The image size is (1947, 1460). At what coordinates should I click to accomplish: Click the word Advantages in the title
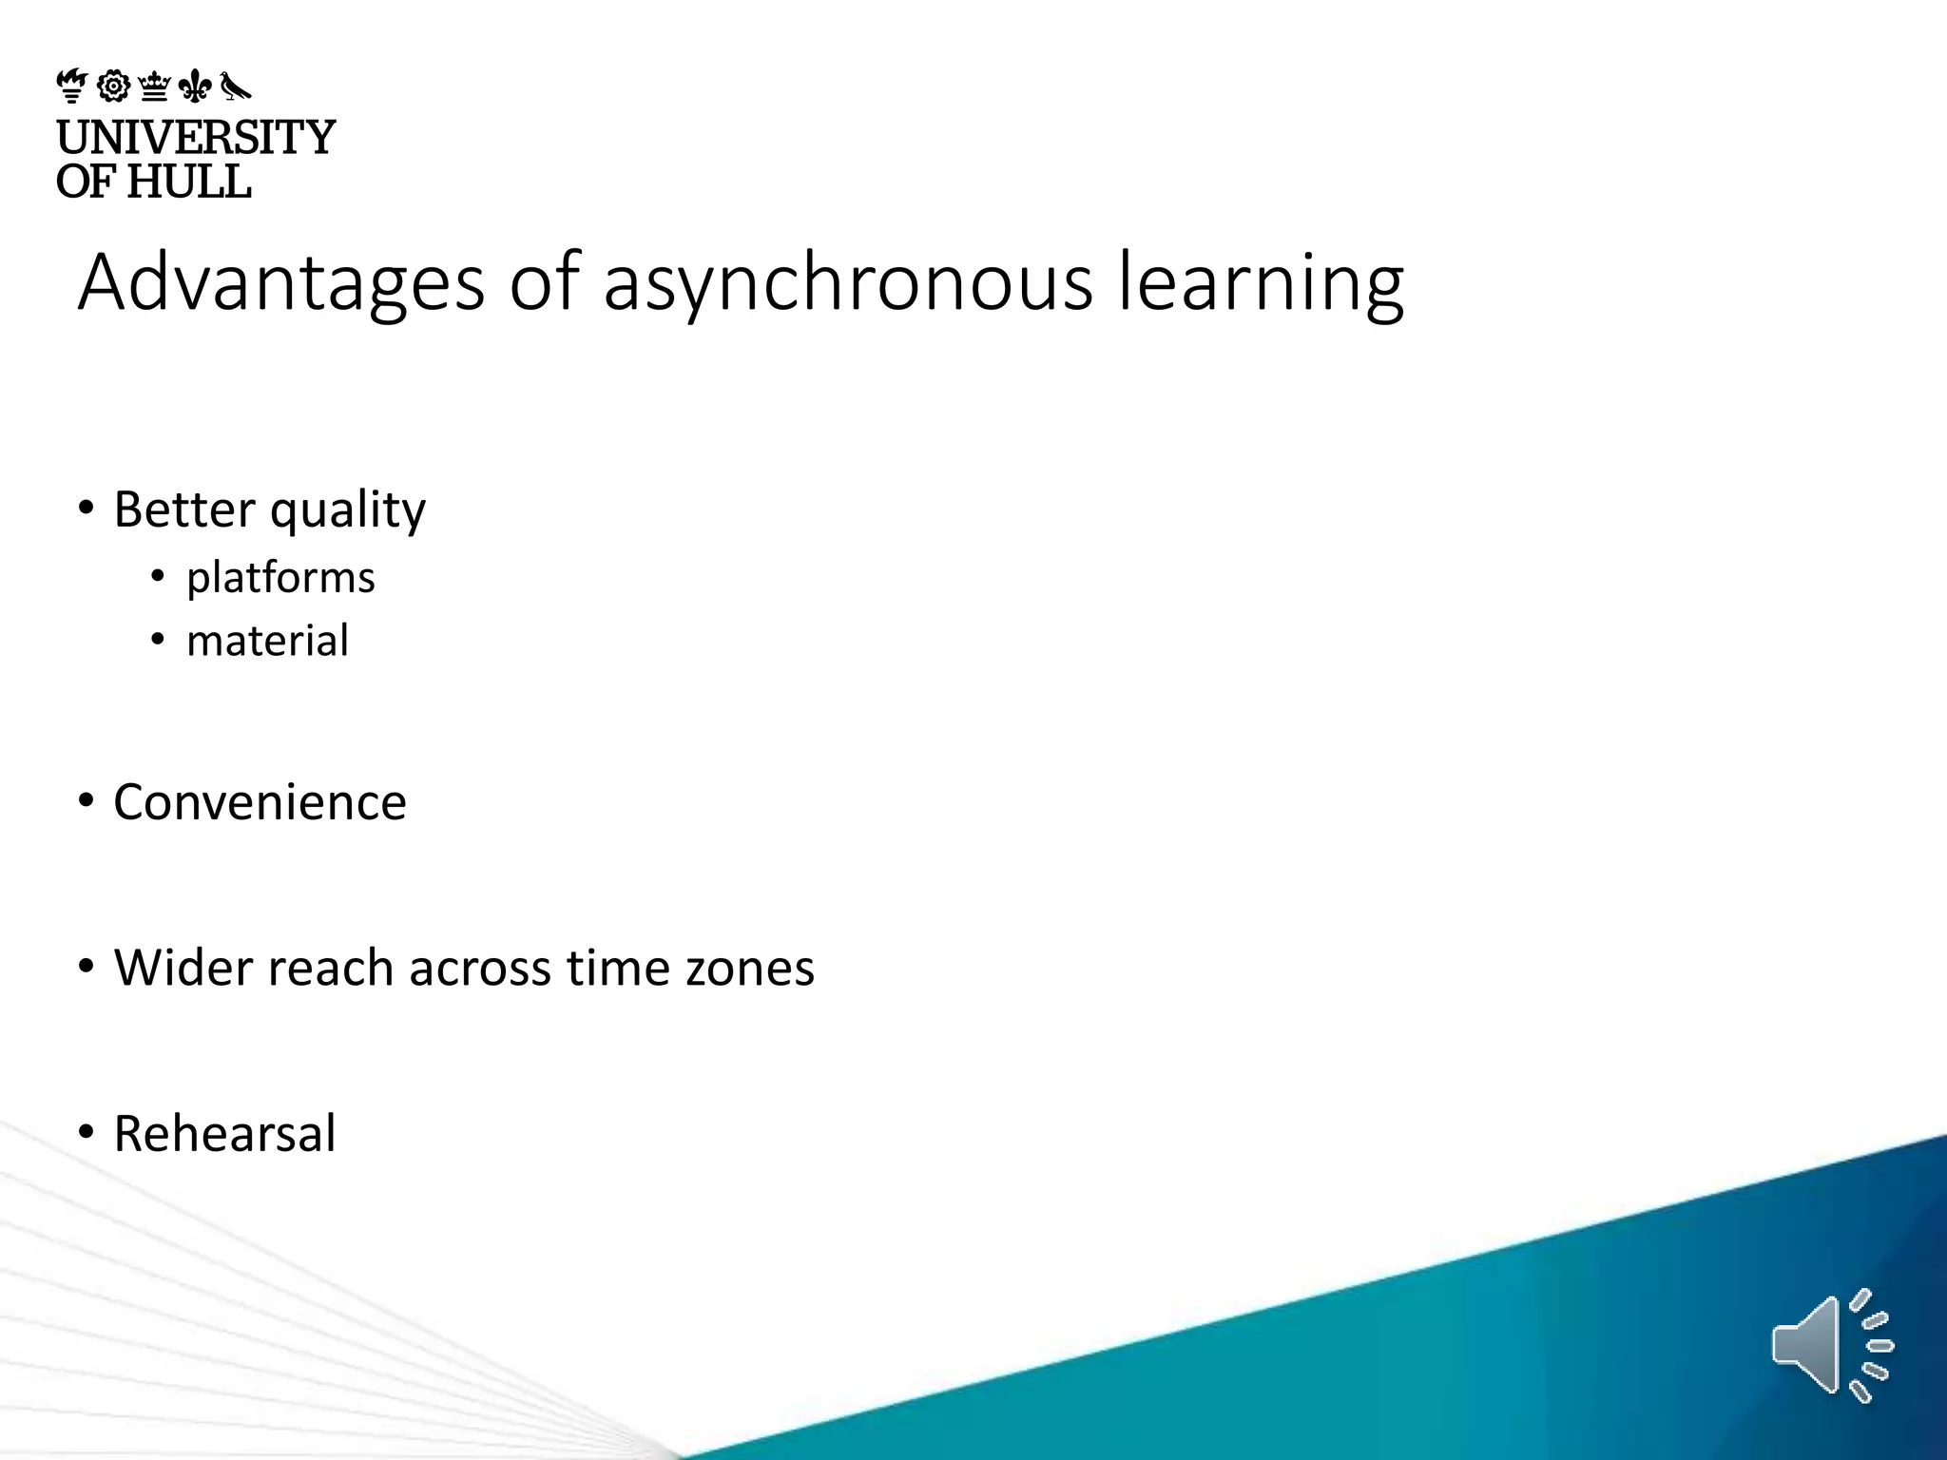281,282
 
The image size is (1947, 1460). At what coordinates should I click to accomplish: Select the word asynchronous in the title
848,282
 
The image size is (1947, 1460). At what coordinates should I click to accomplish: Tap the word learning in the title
1261,282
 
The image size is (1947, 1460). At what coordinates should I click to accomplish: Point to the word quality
348,510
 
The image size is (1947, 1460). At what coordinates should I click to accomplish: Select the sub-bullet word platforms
280,578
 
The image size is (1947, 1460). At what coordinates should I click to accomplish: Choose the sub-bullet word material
267,641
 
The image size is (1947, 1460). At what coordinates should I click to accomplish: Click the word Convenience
260,802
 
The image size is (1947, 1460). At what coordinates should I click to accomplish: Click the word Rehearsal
224,1133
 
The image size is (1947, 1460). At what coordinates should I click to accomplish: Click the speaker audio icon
1831,1345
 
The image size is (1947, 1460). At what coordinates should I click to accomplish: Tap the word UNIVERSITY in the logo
196,137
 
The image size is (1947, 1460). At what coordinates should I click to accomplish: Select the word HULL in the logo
189,182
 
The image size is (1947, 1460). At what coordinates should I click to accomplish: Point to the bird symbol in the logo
235,86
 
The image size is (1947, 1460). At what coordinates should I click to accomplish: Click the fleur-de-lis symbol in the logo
195,86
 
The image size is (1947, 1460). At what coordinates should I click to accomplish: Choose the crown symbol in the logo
154,86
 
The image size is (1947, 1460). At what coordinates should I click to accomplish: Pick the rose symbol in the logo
113,86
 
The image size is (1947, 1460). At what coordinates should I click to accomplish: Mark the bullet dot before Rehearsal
87,1132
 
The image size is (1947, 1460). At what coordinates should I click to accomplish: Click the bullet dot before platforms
158,576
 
